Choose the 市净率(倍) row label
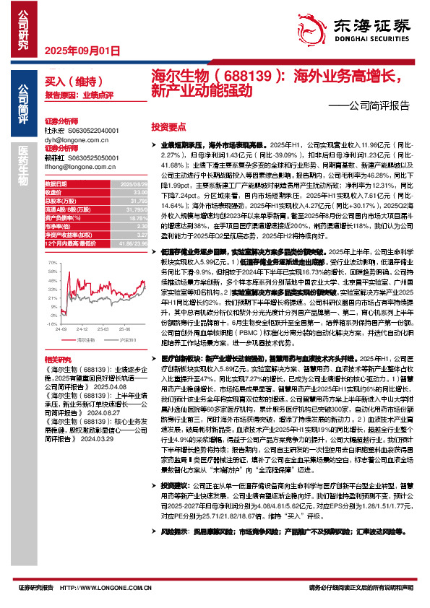pyautogui.click(x=59, y=224)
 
